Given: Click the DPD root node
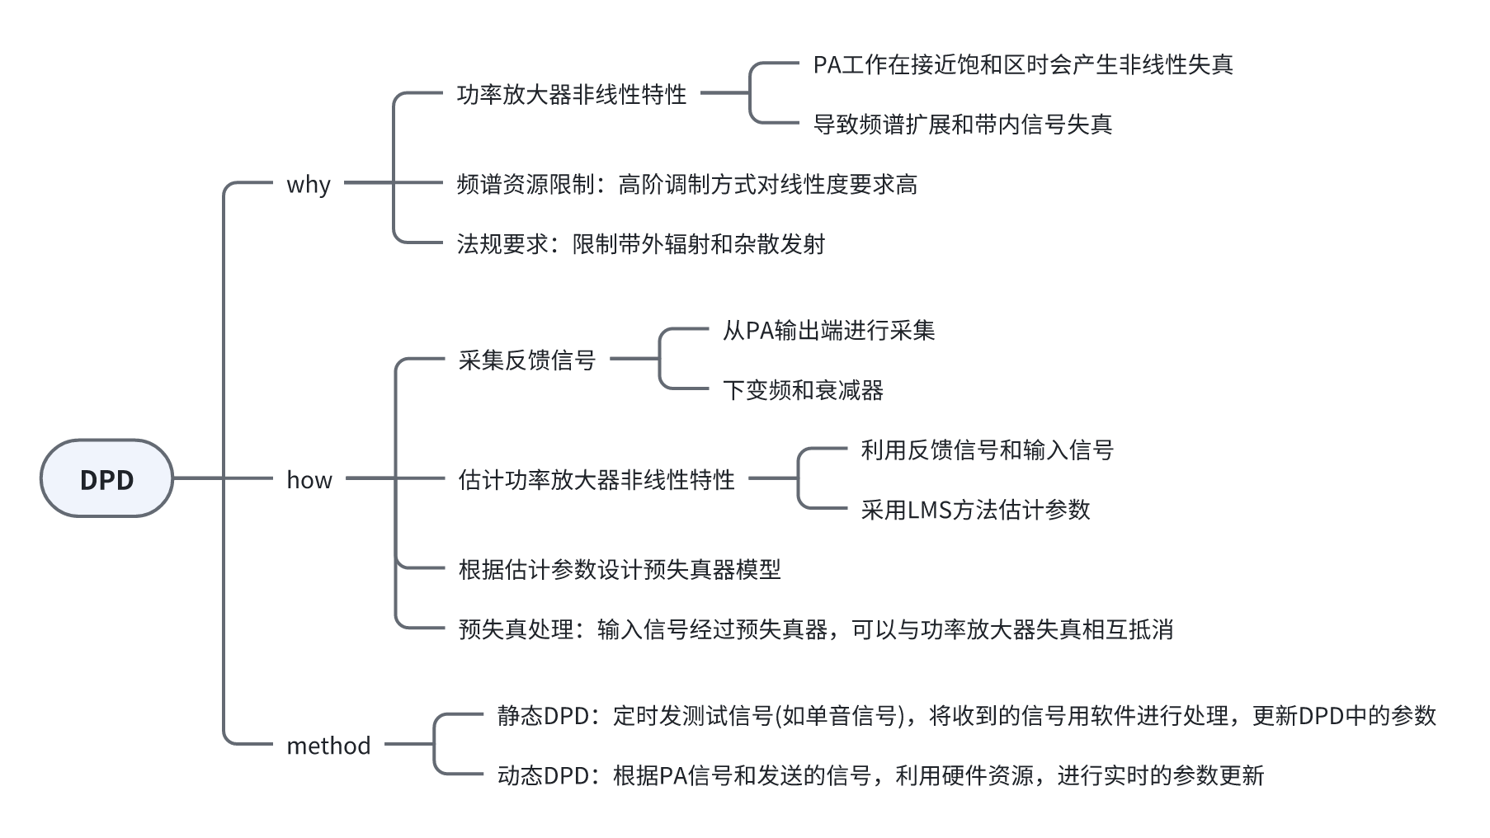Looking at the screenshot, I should (x=106, y=479).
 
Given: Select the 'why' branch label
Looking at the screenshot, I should (x=309, y=184).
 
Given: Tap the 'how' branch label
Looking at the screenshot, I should (x=309, y=480).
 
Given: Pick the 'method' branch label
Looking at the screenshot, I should (x=328, y=746).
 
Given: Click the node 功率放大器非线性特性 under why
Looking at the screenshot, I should (x=572, y=94).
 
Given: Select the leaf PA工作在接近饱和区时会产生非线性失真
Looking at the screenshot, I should (x=1023, y=64).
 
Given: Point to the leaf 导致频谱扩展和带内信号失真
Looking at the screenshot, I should (x=963, y=125).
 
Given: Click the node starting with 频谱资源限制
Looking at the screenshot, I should (x=686, y=184).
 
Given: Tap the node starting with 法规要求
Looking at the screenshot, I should (x=641, y=244).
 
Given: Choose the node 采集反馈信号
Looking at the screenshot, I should (x=527, y=360).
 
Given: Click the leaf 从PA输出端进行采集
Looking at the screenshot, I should (x=828, y=331).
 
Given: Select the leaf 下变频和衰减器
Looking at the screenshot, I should (x=803, y=390).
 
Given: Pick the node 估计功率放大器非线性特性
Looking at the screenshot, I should (x=596, y=480).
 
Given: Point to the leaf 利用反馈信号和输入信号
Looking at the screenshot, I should (x=987, y=450).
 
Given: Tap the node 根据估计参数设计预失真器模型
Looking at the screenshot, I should (x=620, y=569).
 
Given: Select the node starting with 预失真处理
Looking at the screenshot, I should (x=815, y=629).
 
